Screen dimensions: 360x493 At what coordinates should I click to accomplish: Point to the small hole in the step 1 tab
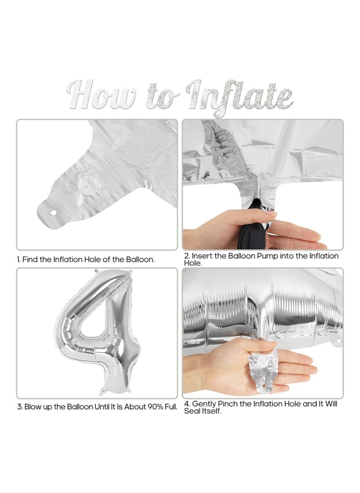click(52, 213)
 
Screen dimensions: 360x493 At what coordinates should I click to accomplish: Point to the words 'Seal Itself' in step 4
click(202, 411)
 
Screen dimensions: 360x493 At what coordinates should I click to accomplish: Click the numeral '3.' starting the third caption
click(20, 407)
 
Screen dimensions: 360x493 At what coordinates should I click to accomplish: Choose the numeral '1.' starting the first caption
click(19, 260)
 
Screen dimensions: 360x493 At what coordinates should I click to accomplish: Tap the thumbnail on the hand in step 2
click(271, 213)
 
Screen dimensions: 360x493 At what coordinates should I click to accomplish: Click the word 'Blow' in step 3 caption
click(32, 407)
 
